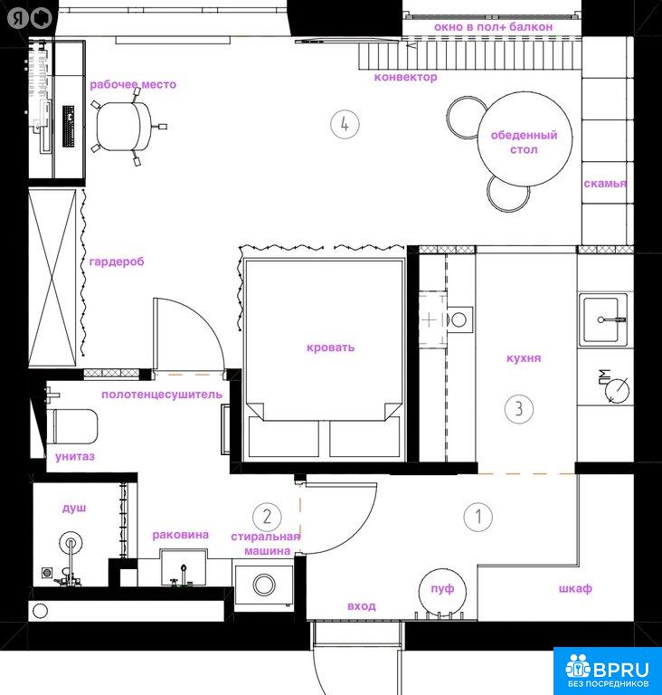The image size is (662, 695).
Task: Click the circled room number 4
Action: coord(345,125)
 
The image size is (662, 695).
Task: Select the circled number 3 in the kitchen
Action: coord(519,409)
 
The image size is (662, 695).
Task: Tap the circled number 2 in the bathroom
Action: coord(267,517)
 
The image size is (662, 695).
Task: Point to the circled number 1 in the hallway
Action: coord(478,517)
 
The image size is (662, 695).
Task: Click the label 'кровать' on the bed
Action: coord(331,347)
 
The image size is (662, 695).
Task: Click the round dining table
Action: coord(525,139)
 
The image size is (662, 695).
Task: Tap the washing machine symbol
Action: coord(264,586)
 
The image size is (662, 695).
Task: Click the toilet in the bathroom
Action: coord(75,426)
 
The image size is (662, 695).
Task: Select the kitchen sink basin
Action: coord(602,319)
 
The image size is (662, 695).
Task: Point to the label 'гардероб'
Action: coord(117,262)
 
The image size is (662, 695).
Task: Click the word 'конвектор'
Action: coord(405,77)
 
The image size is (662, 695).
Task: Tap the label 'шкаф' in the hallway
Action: coord(575,588)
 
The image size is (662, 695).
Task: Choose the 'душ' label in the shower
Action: coord(74,508)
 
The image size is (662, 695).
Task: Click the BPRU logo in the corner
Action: coord(608,671)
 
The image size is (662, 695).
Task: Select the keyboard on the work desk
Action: coord(68,127)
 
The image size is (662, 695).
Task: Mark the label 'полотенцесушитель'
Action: coord(162,395)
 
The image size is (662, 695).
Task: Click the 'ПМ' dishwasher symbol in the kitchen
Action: coord(613,386)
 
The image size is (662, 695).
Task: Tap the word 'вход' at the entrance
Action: coord(362,606)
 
